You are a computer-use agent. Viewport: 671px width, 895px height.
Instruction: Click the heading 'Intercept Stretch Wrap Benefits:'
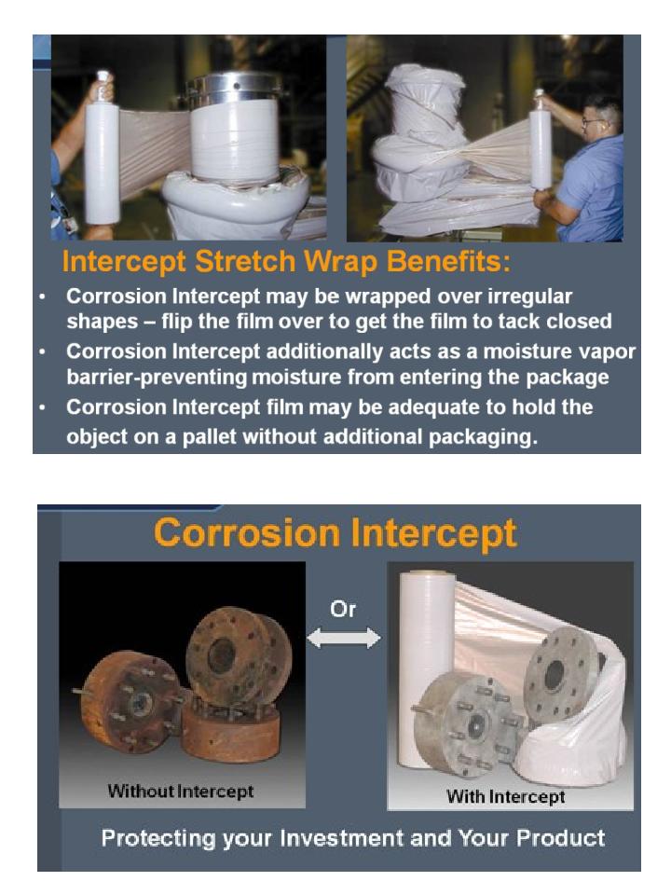pos(286,263)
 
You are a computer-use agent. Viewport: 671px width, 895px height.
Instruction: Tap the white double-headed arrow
pos(344,639)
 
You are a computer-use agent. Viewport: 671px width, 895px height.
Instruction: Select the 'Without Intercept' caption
pos(181,792)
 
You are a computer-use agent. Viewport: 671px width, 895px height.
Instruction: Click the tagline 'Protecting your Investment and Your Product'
pos(353,837)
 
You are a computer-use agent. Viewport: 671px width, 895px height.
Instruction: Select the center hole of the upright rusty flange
pos(223,656)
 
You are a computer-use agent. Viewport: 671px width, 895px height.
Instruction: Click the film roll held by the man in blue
pos(541,149)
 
